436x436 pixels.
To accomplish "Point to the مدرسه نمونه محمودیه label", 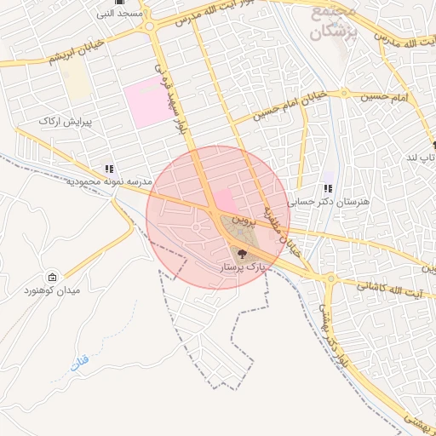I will (101, 182).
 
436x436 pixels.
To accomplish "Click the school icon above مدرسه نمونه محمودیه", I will (108, 169).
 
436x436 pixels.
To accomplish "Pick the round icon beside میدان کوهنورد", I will (53, 278).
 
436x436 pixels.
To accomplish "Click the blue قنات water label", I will (78, 365).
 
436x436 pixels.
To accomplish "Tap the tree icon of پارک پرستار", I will (240, 253).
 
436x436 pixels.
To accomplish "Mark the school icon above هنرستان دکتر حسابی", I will (328, 189).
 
